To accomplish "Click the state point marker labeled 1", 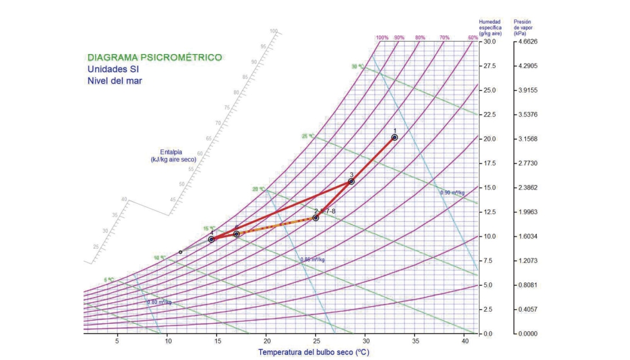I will tap(394, 137).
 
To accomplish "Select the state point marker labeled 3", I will tap(351, 181).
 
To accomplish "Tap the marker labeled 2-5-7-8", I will tap(316, 218).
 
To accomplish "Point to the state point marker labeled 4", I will tap(211, 239).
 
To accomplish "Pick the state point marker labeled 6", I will tap(237, 234).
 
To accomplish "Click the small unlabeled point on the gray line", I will tap(180, 252).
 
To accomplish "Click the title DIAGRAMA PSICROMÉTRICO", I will tap(154, 57).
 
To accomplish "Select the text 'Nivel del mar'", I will tap(114, 81).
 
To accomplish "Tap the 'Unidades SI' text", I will tap(113, 69).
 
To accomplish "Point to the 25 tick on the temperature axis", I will tap(316, 340).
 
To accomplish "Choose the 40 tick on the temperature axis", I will tap(465, 340).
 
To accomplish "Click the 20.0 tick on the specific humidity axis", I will tap(489, 139).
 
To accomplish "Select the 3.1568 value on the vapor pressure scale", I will tap(527, 139).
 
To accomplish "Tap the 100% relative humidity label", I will tap(382, 38).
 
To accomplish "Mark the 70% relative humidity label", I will tap(444, 38).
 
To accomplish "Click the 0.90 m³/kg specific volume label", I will tap(452, 192).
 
